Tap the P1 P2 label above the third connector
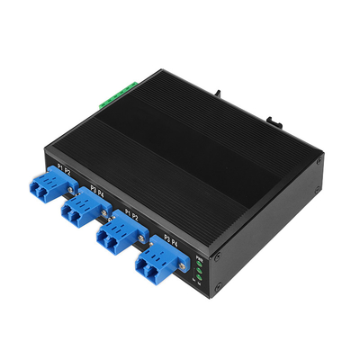click(130, 216)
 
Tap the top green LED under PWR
click(200, 266)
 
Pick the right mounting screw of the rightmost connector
click(183, 266)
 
